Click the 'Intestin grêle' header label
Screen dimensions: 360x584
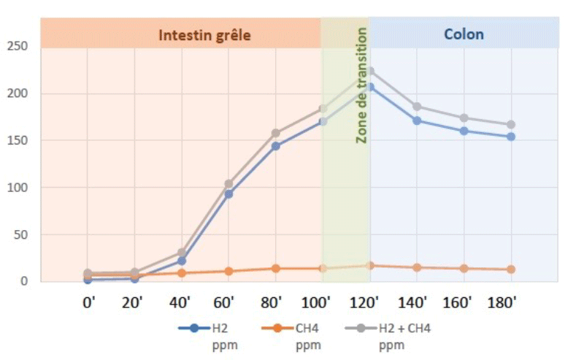click(x=204, y=34)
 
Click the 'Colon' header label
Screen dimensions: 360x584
click(x=464, y=34)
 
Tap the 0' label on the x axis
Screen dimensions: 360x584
click(x=88, y=301)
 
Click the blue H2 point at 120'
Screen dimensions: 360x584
click(x=369, y=87)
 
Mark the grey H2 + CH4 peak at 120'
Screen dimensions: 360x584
click(x=369, y=72)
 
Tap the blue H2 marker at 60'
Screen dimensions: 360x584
click(x=228, y=194)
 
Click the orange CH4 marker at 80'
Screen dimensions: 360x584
click(x=276, y=268)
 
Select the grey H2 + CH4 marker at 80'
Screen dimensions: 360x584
click(x=276, y=133)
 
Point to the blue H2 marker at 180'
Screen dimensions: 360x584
click(x=511, y=137)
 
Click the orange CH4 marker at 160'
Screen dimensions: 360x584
click(x=464, y=268)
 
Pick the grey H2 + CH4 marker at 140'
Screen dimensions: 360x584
click(x=417, y=107)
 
